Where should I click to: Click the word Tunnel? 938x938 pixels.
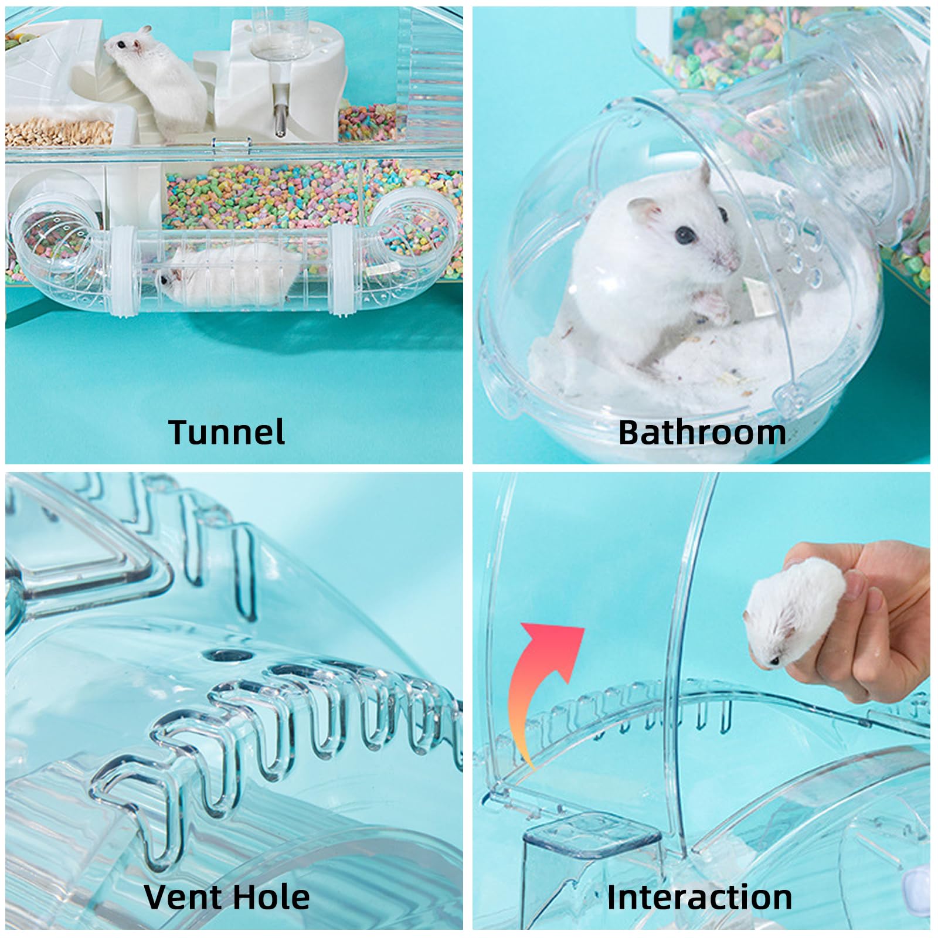pos(227,431)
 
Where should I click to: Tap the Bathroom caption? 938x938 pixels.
pos(702,432)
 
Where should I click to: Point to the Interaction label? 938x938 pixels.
pos(699,898)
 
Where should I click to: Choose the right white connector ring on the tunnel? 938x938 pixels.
pos(342,271)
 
